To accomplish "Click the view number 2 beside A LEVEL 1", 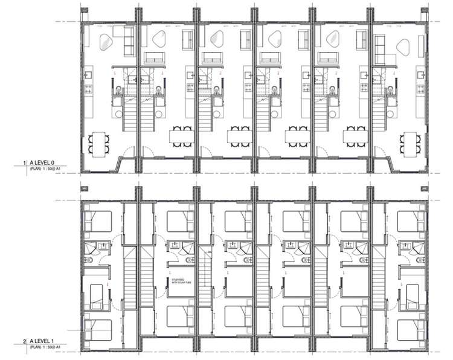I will (x=24, y=342).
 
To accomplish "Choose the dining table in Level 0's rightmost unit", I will (x=410, y=143).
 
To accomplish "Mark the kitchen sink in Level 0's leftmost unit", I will (x=87, y=76).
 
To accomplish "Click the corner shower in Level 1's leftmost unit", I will (x=91, y=247).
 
